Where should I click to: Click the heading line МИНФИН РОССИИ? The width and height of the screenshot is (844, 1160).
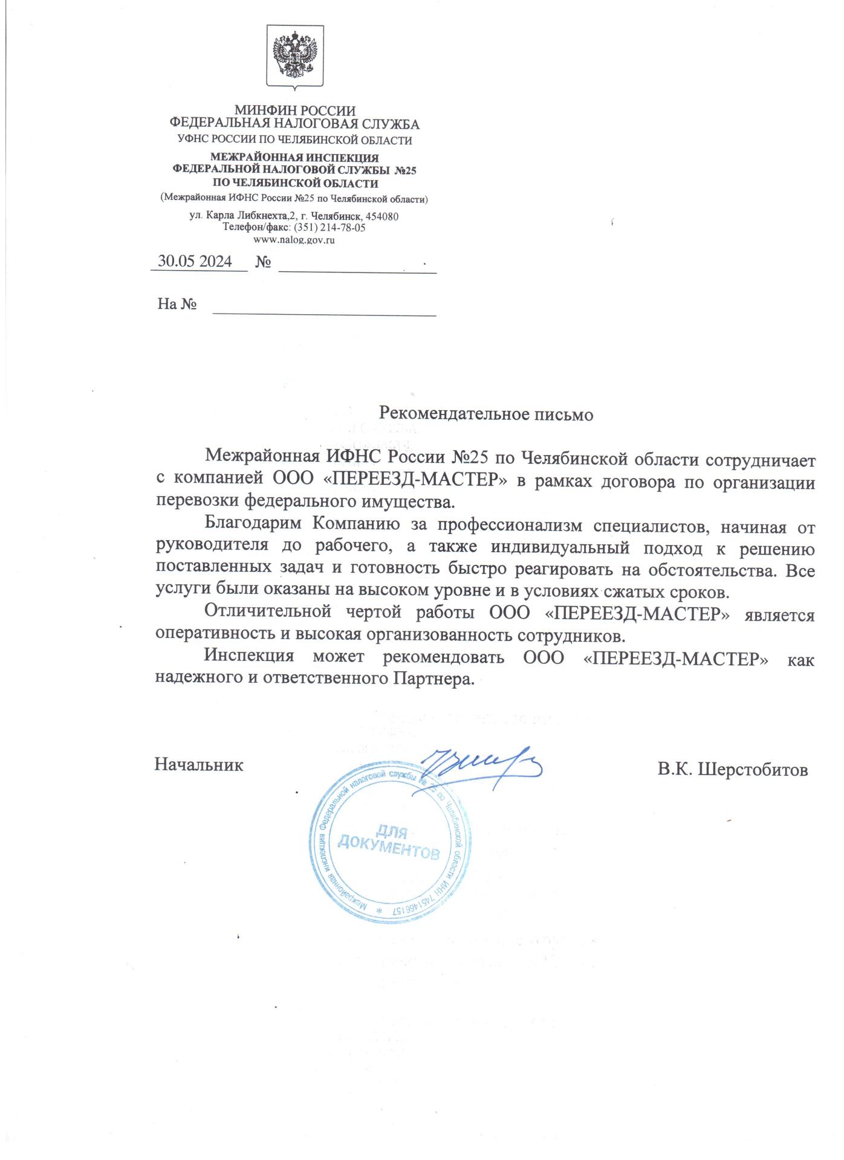point(294,111)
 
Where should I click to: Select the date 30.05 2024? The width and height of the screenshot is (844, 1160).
point(195,262)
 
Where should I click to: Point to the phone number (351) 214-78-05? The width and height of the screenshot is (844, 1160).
point(329,228)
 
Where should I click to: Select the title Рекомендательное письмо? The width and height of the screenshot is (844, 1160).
point(485,414)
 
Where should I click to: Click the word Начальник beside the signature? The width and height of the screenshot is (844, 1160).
point(199,765)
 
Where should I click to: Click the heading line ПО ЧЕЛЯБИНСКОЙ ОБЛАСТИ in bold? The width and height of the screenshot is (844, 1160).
point(296,183)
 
